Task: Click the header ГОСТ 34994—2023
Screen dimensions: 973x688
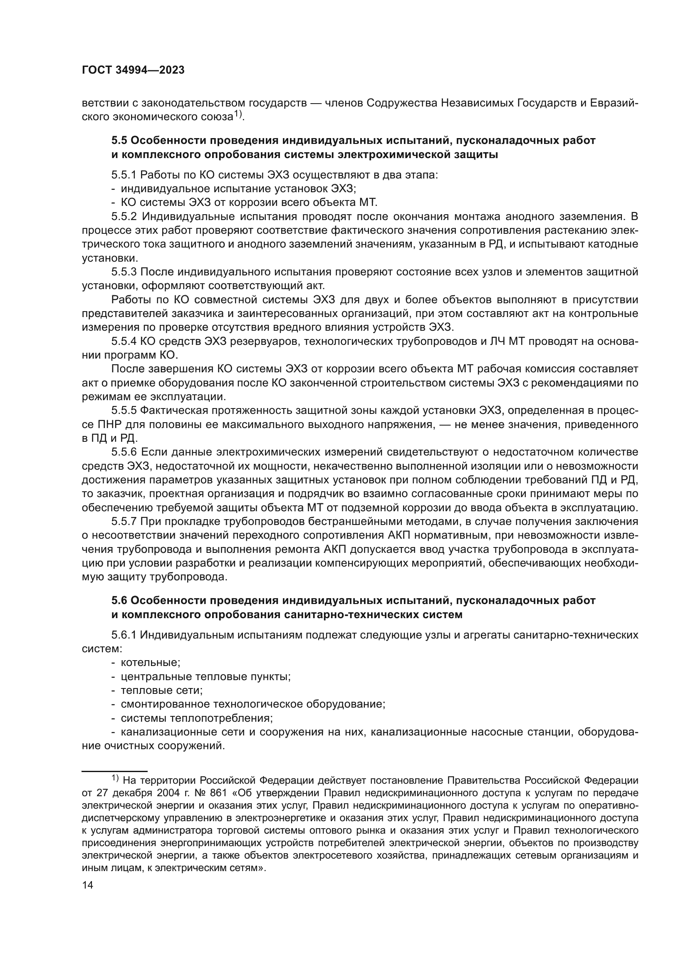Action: click(133, 70)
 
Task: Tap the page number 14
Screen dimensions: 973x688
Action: click(87, 885)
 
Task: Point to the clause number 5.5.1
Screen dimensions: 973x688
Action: click(124, 175)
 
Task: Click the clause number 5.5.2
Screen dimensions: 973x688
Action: click(124, 217)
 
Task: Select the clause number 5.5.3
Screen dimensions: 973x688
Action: click(124, 272)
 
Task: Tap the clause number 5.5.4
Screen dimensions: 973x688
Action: click(124, 342)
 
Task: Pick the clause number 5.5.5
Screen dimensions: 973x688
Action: click(124, 411)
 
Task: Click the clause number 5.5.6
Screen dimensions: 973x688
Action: click(124, 452)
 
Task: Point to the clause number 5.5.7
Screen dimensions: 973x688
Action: click(124, 522)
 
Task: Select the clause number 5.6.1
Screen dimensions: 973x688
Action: click(124, 635)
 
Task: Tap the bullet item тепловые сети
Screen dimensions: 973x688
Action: click(161, 691)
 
